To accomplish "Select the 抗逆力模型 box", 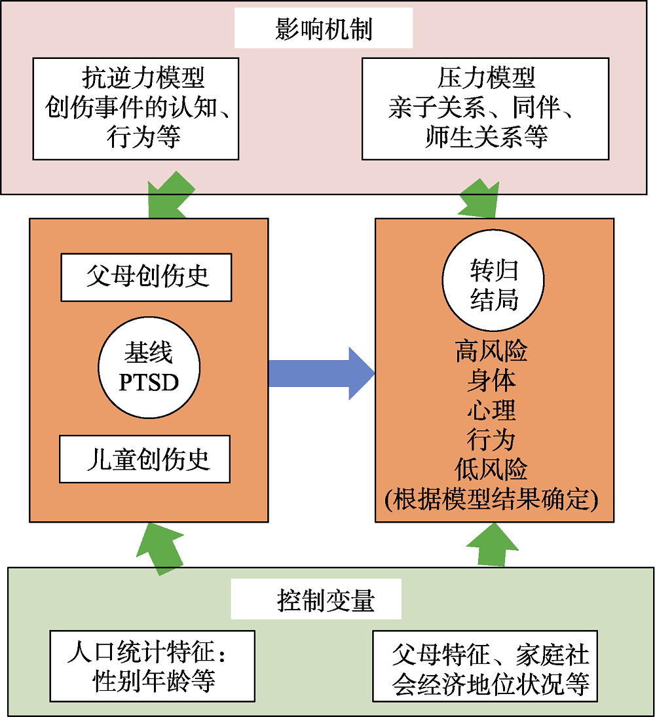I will click(x=136, y=109).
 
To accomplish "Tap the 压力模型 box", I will click(x=485, y=109).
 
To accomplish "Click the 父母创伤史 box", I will click(x=146, y=277).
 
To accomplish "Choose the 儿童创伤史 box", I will click(x=145, y=459).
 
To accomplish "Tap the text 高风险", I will click(x=491, y=352).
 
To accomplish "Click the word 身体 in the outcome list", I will click(x=491, y=381).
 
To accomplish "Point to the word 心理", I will click(x=491, y=411).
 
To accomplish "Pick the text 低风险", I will click(x=491, y=469).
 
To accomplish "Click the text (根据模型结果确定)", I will click(x=491, y=499).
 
